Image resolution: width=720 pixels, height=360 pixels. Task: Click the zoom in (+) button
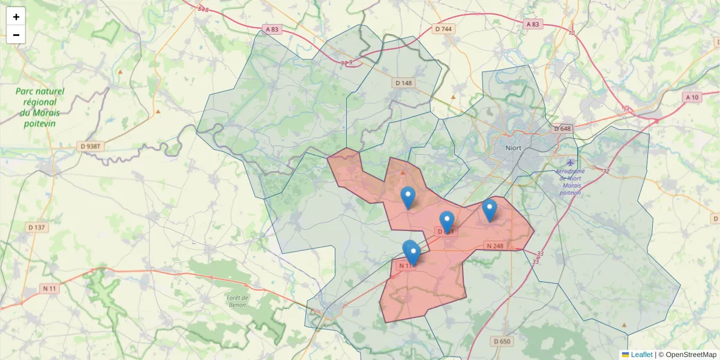[16, 17]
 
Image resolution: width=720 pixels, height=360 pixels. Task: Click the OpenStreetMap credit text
[691, 355]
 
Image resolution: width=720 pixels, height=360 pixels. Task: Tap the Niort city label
[513, 148]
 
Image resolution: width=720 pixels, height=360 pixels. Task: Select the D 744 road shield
[443, 29]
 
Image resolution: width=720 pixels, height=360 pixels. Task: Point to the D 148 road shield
[404, 83]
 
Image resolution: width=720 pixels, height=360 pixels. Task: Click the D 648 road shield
[562, 129]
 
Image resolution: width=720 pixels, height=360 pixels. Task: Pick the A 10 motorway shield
[692, 97]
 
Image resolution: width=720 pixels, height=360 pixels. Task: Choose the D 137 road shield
[37, 227]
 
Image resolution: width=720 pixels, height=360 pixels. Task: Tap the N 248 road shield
[495, 246]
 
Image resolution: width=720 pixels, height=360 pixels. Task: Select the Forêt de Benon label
[238, 301]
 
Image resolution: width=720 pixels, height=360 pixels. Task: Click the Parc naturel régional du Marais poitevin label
[40, 107]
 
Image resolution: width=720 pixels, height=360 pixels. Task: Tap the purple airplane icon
[570, 163]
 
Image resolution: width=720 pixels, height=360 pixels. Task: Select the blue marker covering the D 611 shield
[446, 223]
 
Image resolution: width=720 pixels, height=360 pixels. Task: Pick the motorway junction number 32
[606, 172]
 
